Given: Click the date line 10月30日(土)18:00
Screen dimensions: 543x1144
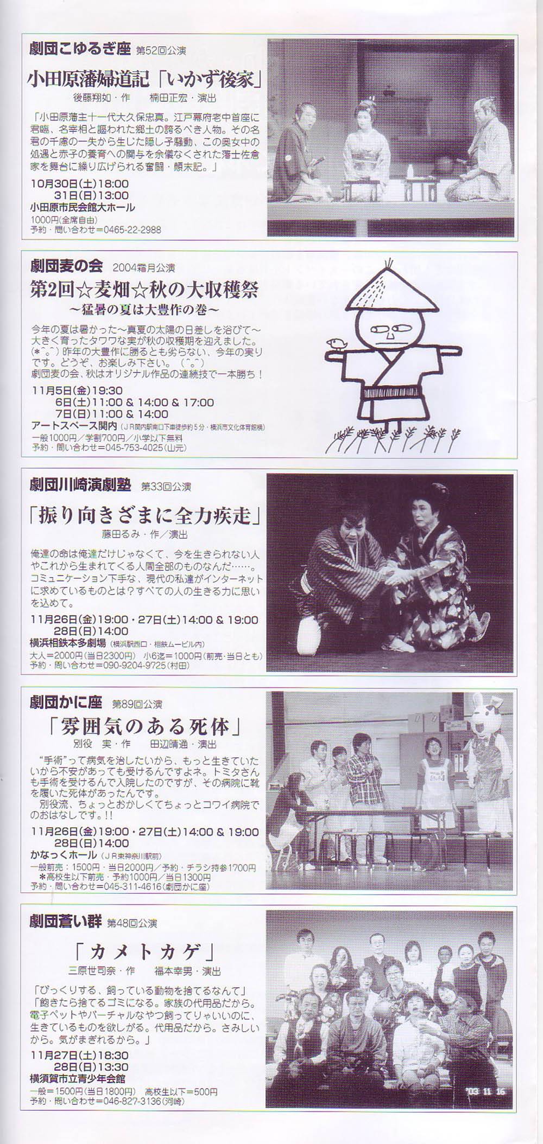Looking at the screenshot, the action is click(80, 184).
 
